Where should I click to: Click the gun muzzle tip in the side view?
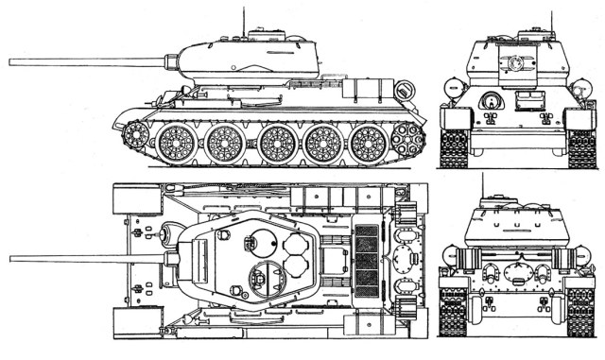coord(12,61)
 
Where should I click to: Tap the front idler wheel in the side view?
coord(135,136)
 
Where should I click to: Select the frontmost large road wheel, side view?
coord(176,144)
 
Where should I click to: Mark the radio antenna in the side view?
coord(244,16)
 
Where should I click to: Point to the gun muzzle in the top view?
coord(12,258)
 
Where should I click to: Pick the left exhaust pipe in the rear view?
coord(492,275)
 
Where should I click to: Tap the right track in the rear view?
coord(581,313)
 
